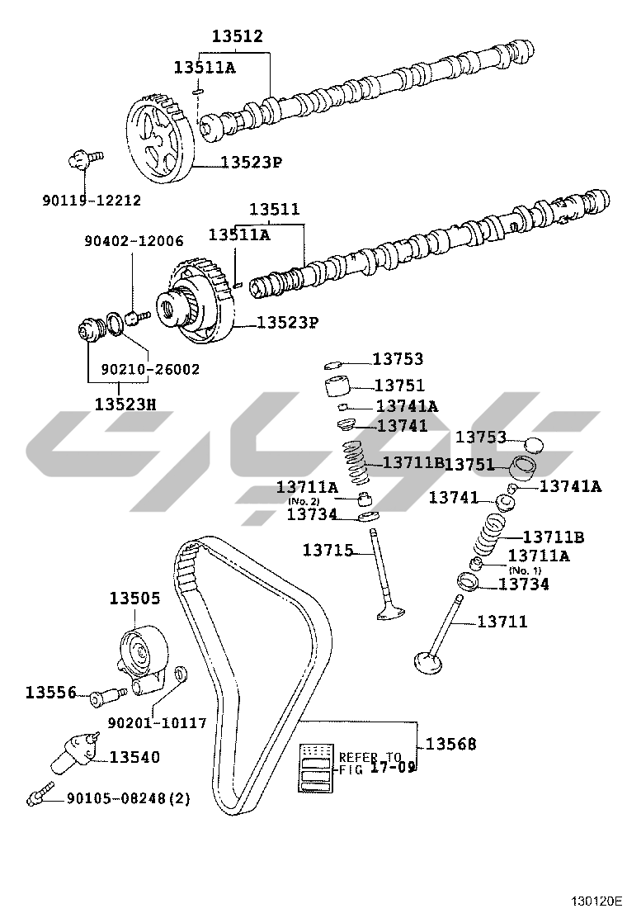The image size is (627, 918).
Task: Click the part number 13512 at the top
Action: tap(237, 36)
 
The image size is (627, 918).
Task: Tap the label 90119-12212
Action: tap(92, 201)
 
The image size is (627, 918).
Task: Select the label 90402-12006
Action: tap(134, 240)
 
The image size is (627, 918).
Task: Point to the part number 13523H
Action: tap(125, 404)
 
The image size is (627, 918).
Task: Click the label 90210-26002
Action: tap(150, 369)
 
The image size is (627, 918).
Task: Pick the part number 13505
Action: tap(135, 599)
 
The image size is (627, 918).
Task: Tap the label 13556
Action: tap(51, 693)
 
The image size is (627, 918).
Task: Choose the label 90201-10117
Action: tap(158, 723)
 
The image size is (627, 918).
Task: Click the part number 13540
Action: tap(134, 757)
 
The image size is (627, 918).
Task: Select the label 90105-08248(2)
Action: tap(129, 798)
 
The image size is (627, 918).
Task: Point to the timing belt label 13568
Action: tap(451, 744)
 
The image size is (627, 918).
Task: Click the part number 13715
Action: tap(328, 550)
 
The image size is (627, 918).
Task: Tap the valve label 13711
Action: tap(502, 621)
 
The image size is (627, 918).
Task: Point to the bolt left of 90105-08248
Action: tap(40, 791)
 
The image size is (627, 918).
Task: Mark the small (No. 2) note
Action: tap(304, 502)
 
